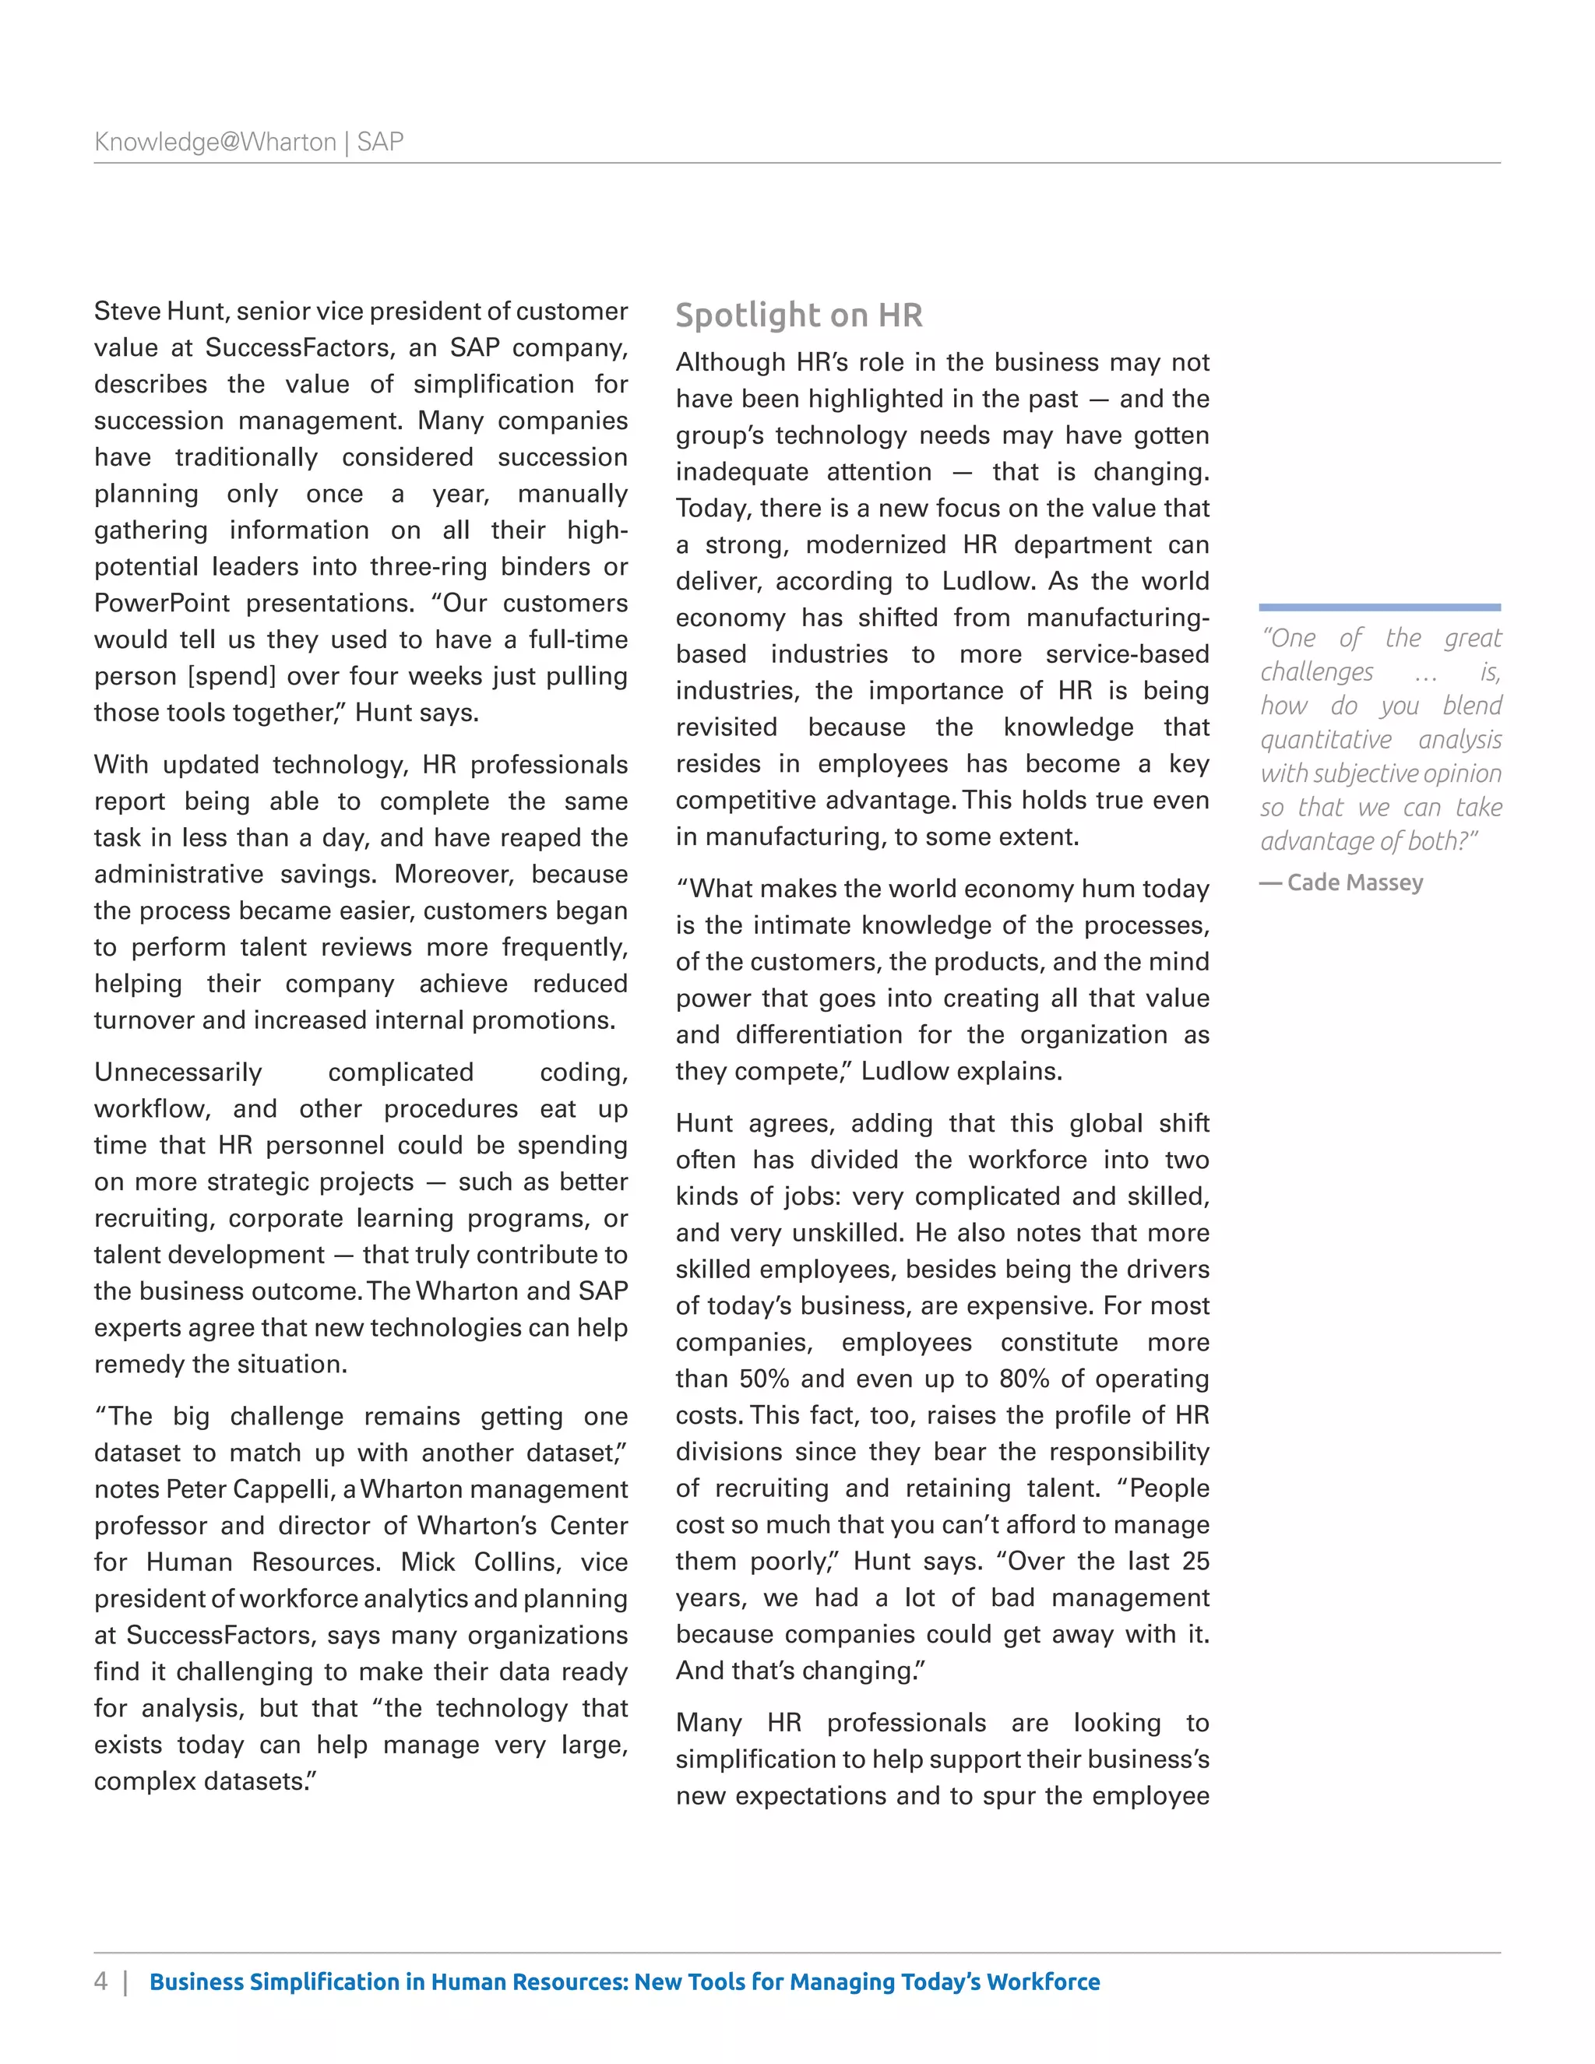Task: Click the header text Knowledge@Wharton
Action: [x=216, y=142]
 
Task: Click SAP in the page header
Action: [x=381, y=142]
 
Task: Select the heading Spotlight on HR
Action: [x=798, y=315]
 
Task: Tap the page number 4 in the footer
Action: [x=101, y=1981]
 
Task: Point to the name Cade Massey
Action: [x=1354, y=882]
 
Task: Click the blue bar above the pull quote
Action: [x=1379, y=607]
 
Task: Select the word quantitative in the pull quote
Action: [x=1326, y=740]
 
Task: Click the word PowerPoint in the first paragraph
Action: [x=161, y=603]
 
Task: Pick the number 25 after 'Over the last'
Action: [x=1195, y=1561]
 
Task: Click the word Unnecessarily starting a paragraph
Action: [x=178, y=1073]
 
